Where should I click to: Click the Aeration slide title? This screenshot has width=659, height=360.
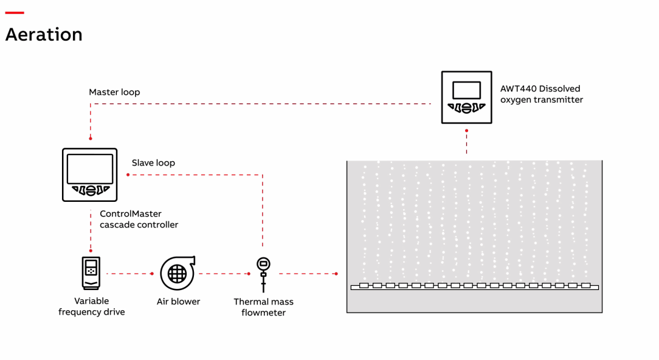coord(44,35)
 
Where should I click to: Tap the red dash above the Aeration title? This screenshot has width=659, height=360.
coord(14,13)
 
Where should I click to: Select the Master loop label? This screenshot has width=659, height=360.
coord(114,92)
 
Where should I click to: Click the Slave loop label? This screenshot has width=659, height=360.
coord(153,163)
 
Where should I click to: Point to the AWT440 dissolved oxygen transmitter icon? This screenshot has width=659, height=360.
coord(466,97)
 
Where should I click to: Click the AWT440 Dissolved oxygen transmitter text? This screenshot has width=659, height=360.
coord(541,94)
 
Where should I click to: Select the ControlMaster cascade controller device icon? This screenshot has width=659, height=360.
coord(89,175)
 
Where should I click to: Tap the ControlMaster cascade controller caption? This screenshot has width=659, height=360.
coord(139,220)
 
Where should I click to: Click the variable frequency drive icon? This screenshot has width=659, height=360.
coord(91,273)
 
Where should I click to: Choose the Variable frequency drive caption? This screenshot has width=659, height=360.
coord(92,306)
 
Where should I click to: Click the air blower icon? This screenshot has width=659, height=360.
coord(178,273)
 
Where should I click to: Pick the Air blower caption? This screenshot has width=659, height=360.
coord(178,302)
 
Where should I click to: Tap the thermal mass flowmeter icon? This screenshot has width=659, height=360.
coord(263,273)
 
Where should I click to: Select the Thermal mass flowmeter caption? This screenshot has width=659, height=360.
coord(263,307)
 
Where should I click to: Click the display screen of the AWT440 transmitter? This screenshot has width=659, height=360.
coord(466,90)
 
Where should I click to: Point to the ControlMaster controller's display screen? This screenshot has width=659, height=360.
coord(89,168)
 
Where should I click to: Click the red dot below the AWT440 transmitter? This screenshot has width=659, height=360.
coord(466,130)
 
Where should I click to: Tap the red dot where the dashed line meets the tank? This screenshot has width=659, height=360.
coord(336,274)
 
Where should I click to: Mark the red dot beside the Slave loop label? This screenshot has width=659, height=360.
coord(128,175)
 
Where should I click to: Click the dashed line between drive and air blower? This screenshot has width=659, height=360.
coord(129,274)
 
